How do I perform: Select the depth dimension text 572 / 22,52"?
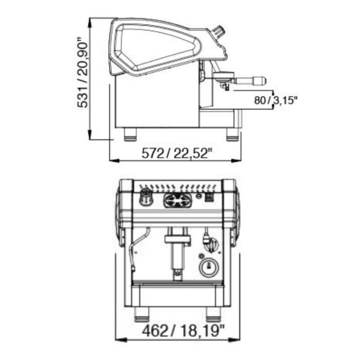(176, 153)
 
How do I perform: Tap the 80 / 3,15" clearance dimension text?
(276, 100)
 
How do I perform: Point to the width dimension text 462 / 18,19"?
(183, 331)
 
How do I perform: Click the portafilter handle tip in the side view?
(263, 80)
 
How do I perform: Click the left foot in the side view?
(130, 135)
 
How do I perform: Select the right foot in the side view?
(233, 135)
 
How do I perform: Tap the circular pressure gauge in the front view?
(209, 268)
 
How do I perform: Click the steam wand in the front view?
(138, 248)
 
